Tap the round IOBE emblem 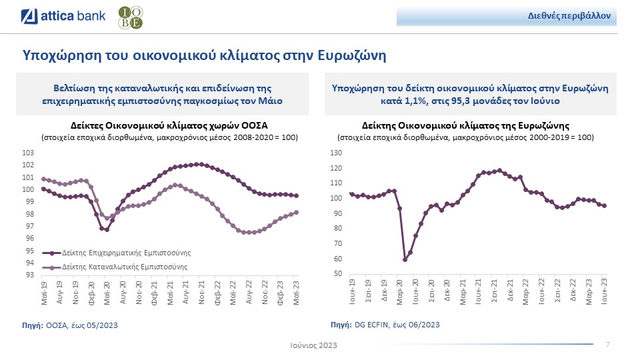(x=129, y=18)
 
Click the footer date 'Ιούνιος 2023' (x=313, y=345)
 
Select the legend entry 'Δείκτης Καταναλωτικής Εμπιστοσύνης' (x=124, y=266)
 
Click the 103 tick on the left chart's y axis (x=28, y=153)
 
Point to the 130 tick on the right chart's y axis (x=336, y=153)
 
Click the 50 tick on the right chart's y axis (x=338, y=274)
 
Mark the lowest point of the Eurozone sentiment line (x=405, y=259)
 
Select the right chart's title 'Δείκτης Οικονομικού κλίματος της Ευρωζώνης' (x=465, y=125)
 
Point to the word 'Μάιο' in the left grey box (x=272, y=101)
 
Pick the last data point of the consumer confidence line (x=297, y=213)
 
